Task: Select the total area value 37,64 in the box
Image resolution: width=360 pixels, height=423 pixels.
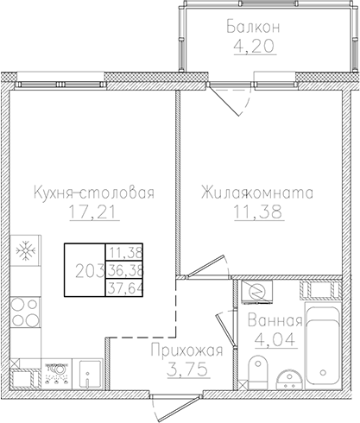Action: tap(125, 289)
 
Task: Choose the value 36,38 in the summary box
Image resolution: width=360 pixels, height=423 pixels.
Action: tap(125, 271)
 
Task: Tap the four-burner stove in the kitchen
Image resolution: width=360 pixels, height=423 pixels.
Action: tap(28, 312)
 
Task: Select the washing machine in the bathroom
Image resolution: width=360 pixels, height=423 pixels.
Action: tap(256, 294)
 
